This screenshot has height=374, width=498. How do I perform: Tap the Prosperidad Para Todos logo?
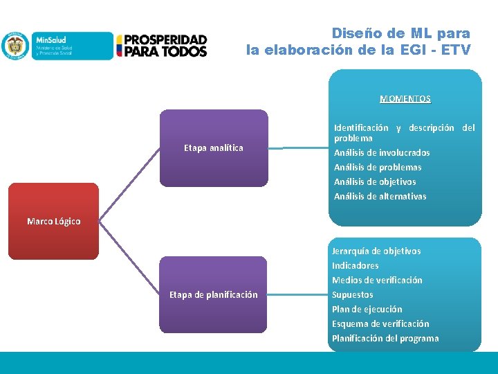click(161, 46)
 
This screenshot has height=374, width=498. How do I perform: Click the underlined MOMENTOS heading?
click(405, 99)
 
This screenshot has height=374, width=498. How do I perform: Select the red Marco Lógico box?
click(54, 221)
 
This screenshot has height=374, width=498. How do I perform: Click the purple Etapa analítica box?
click(214, 148)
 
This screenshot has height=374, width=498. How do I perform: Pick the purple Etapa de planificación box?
click(214, 294)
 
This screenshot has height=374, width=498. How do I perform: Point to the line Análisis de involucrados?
click(382, 152)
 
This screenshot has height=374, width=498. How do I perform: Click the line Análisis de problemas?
click(378, 167)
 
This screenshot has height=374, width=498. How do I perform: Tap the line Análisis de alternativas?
click(380, 196)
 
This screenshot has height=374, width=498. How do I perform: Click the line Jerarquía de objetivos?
click(376, 251)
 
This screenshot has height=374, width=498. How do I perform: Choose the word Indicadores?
click(356, 265)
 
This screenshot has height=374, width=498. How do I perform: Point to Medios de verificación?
click(377, 280)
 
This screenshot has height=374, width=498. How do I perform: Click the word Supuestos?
click(353, 294)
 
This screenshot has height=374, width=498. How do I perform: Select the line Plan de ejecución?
click(367, 309)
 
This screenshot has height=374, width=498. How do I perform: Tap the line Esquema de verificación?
click(380, 323)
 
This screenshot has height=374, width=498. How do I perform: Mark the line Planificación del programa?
click(385, 338)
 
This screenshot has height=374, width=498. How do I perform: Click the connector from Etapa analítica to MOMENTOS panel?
click(298, 148)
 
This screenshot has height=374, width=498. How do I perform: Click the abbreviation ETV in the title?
click(456, 50)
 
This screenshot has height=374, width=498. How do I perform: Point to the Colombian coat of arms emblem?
click(14, 46)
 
